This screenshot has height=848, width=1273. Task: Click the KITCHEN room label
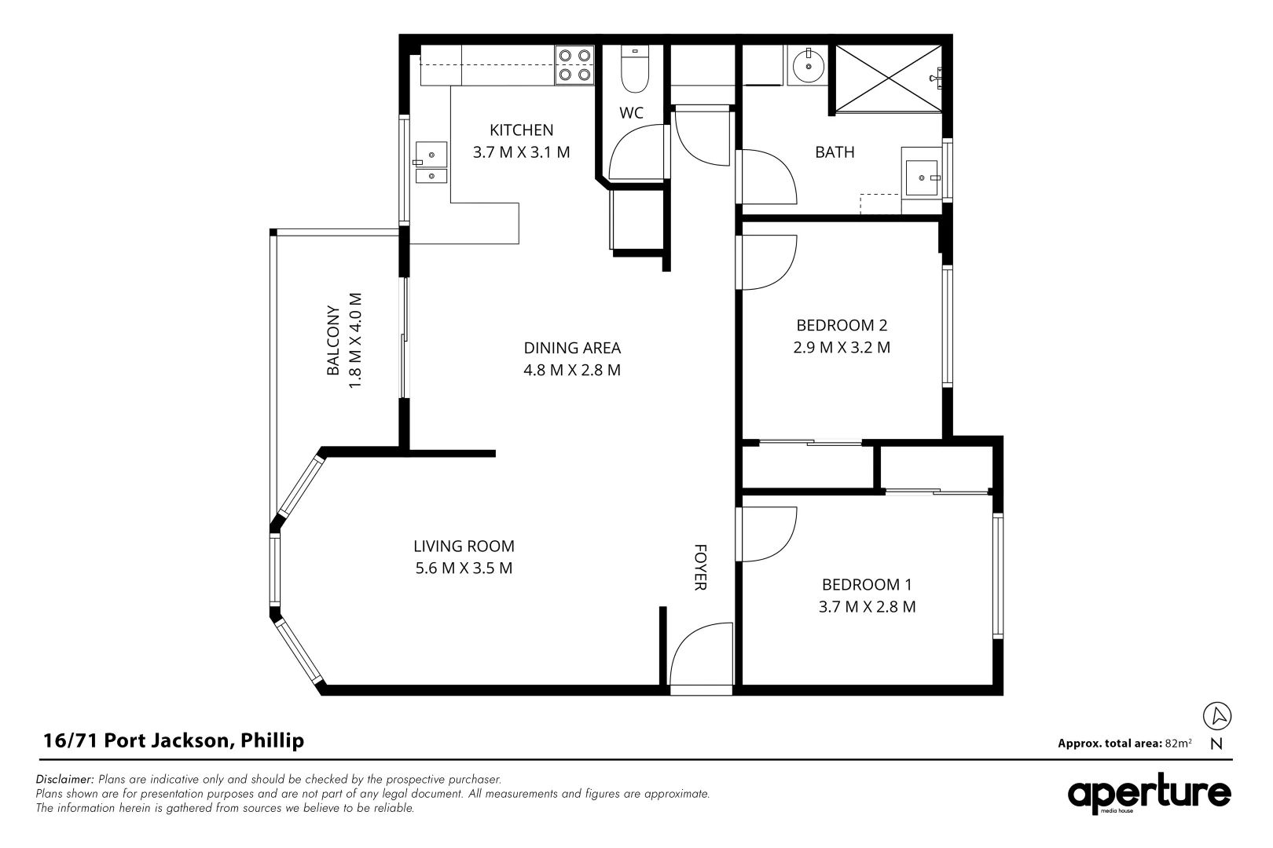coord(521,130)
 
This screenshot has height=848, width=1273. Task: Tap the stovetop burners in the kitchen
coord(574,65)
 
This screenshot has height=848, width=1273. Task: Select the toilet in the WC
coord(633,69)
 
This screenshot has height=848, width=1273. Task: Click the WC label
coord(631,113)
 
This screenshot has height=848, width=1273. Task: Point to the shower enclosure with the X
coord(887,78)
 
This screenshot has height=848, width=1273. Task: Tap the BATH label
coord(834,152)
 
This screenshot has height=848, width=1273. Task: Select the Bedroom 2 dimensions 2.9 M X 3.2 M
coord(842,347)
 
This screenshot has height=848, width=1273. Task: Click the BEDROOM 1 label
coord(867,585)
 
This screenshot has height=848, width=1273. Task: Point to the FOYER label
coord(699,567)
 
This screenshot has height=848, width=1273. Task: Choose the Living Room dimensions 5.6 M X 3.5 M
coord(464,568)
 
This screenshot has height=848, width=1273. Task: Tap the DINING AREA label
coord(572,348)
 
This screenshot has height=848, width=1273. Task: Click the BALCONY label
coord(333,340)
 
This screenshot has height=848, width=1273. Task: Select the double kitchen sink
coord(431,163)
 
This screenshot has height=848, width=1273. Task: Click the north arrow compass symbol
coord(1217,716)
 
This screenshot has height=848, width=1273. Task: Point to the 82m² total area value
coord(1179,743)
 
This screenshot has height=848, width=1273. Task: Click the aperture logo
coord(1149,795)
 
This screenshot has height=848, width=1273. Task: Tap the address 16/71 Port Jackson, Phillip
coord(173,740)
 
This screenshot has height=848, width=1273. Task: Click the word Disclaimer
coord(65,780)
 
